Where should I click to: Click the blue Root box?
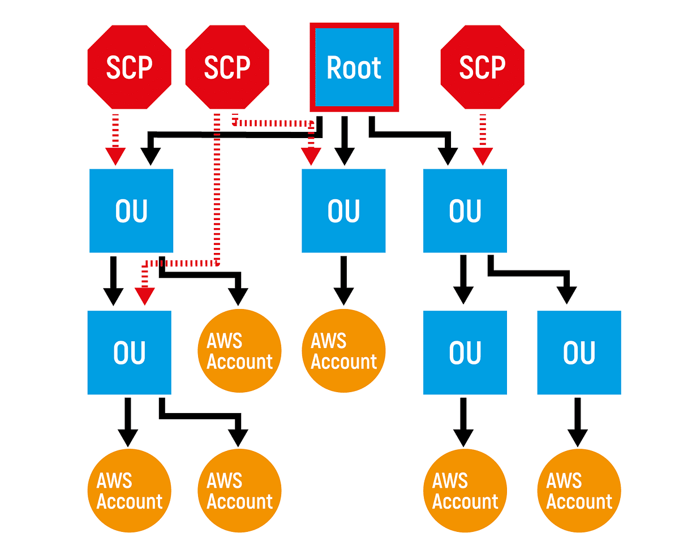[x=354, y=67]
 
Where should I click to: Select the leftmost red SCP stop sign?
[x=130, y=67]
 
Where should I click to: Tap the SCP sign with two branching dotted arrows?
[x=227, y=67]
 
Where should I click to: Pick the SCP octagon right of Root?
[x=482, y=67]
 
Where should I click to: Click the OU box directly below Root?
[x=343, y=211]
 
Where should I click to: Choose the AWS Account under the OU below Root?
[x=343, y=351]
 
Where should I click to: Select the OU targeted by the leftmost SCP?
[x=131, y=211]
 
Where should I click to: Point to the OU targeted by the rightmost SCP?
[x=465, y=211]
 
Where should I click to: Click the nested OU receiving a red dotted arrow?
[x=130, y=352]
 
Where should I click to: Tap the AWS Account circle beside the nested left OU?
[x=240, y=351]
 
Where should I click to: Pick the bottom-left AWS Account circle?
[x=130, y=491]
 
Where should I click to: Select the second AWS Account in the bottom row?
[x=240, y=491]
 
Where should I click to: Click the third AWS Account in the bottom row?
[x=465, y=491]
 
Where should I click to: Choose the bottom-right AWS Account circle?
[x=579, y=491]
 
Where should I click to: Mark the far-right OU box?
[x=579, y=352]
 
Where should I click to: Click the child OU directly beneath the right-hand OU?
[x=465, y=352]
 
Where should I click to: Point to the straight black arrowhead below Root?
[x=343, y=156]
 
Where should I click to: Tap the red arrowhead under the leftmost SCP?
[x=115, y=156]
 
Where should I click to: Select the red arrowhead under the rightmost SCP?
[x=483, y=156]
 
